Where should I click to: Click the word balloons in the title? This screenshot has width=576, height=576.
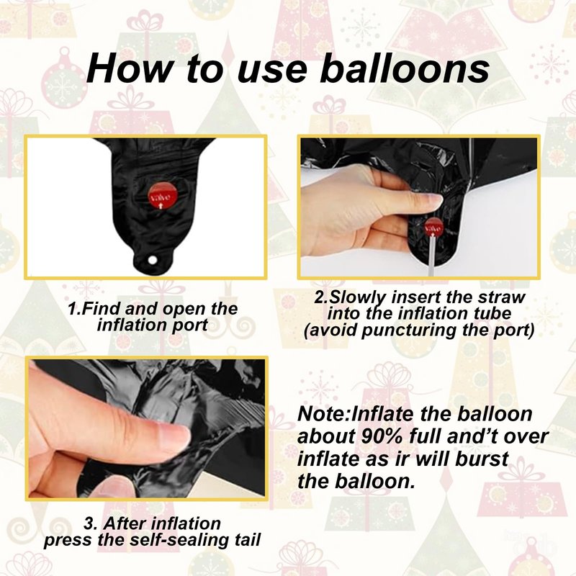[405, 68]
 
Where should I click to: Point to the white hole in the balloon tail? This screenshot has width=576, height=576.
[152, 260]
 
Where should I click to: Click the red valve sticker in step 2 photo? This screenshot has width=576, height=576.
[434, 228]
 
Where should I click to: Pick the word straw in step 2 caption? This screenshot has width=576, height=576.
[502, 297]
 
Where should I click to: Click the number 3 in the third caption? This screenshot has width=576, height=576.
[89, 523]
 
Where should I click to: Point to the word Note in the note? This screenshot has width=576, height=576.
[321, 414]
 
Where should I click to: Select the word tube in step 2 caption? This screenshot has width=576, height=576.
[493, 313]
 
